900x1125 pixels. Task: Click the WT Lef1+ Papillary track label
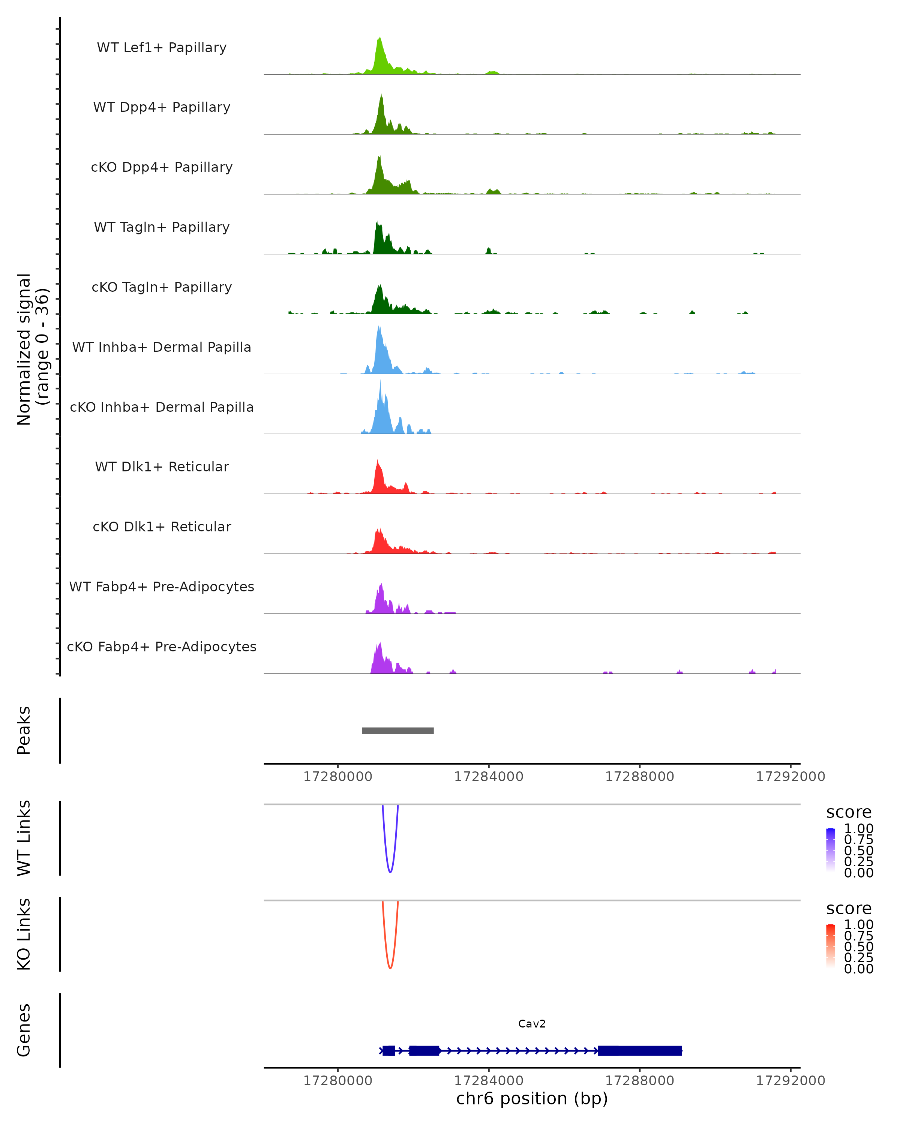162,48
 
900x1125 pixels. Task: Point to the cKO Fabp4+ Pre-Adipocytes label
162,646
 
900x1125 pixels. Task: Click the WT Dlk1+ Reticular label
162,466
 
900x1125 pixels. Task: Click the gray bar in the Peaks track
397,730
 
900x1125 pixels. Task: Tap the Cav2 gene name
532,1024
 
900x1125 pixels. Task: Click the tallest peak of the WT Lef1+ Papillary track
379,39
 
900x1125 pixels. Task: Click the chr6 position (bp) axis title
532,1099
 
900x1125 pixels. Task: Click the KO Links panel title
24,934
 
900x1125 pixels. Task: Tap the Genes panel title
24,1030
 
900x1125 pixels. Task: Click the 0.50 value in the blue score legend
858,850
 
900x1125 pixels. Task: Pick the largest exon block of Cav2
640,1050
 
